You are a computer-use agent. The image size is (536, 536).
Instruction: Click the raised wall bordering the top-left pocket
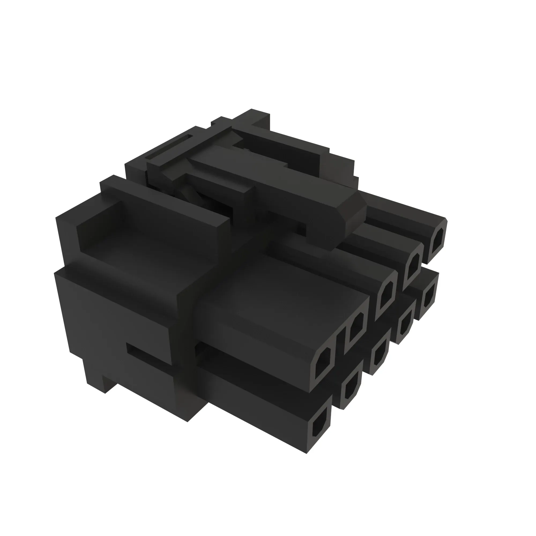[x=164, y=197]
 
